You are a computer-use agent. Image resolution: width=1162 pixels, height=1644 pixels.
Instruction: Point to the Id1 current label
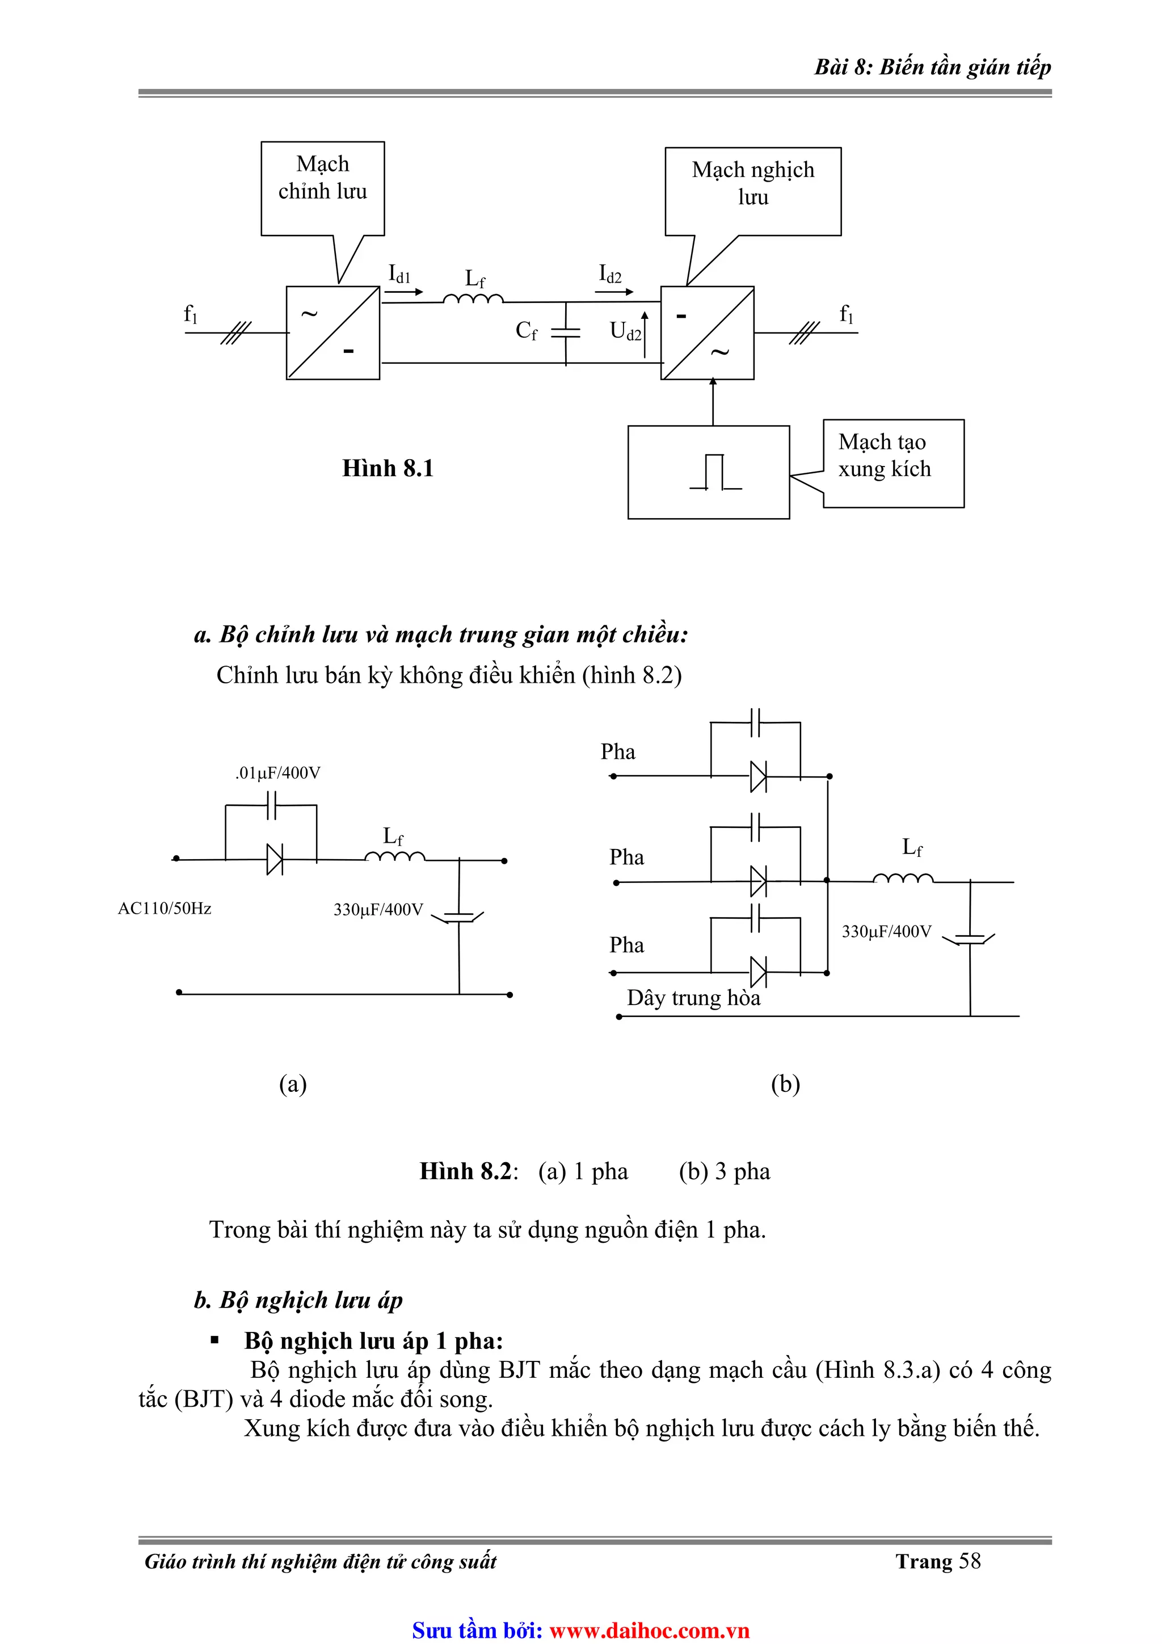[x=399, y=274]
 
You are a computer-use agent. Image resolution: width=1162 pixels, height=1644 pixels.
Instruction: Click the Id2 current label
[x=610, y=274]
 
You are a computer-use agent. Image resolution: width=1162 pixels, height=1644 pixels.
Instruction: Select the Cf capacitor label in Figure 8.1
[x=526, y=331]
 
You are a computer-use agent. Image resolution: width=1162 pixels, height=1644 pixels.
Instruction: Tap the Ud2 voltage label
[x=625, y=331]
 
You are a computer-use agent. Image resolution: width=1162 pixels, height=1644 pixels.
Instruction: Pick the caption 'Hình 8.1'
[x=388, y=468]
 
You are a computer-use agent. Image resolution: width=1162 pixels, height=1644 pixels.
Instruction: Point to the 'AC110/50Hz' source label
[x=165, y=908]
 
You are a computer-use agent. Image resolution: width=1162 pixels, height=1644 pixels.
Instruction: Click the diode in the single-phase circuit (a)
[x=274, y=859]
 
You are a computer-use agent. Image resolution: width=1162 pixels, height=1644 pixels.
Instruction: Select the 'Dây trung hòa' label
[x=693, y=998]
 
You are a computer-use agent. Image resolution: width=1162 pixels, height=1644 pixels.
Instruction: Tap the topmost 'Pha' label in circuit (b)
[x=618, y=752]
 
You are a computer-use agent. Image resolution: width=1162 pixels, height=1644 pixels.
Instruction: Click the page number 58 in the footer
[x=970, y=1561]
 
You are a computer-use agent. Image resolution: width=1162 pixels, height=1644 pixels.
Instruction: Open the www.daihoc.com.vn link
[x=649, y=1630]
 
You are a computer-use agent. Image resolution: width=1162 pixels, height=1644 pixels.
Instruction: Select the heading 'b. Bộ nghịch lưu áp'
[x=298, y=1300]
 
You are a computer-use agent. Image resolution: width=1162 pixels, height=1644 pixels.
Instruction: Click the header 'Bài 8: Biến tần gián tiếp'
[x=932, y=68]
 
